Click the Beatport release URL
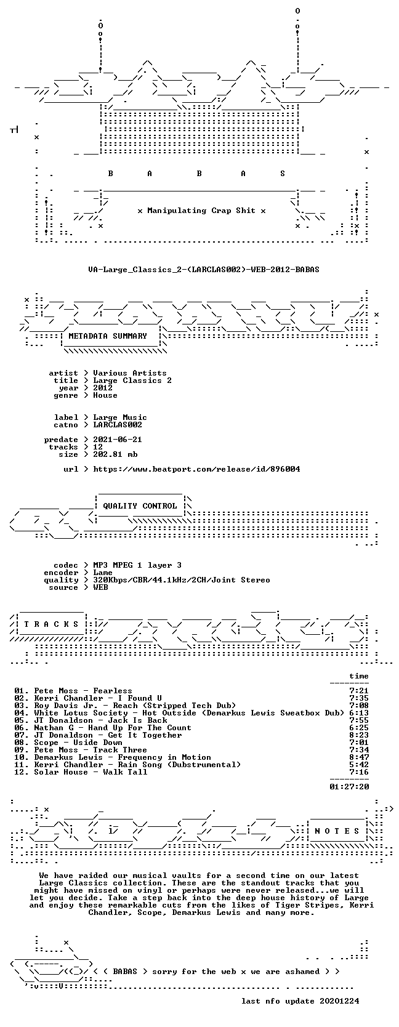pos(197,469)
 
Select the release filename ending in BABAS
pos(204,270)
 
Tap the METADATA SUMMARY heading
pos(108,336)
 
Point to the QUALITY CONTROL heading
pos(140,506)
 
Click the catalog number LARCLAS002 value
pos(118,425)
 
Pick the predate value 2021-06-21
pos(118,440)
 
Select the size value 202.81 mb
pos(115,454)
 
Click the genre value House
pos(105,395)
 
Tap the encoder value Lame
pos(103,573)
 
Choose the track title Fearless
pos(113,691)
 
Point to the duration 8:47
pos(359,757)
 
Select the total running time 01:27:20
pos(350,787)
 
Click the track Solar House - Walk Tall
pos(91,772)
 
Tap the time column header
pos(359,676)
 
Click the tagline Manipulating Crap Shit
pos(201,211)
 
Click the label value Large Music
pos(120,417)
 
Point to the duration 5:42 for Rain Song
pos(359,765)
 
